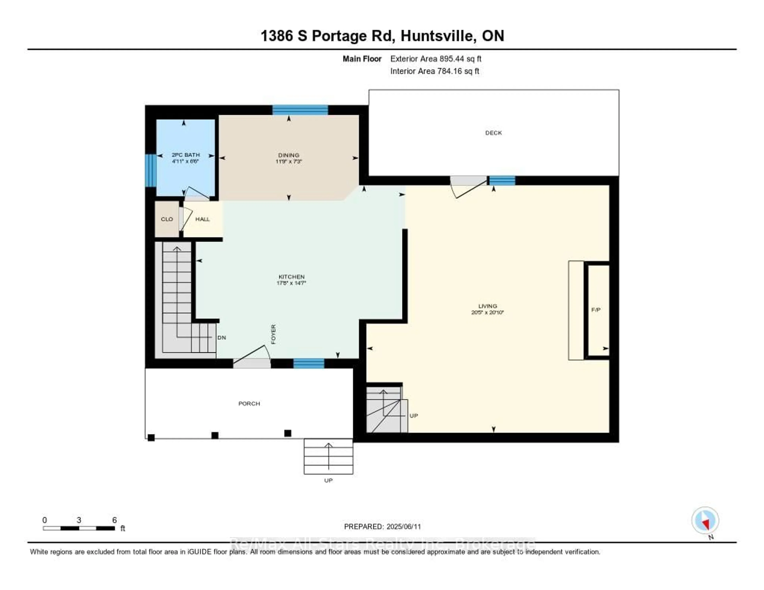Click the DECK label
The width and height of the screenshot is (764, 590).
coord(493,133)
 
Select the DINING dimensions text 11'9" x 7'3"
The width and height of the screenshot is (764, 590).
coord(289,162)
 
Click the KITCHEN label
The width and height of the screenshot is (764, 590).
coord(291,277)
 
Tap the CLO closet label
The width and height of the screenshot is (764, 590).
coord(167,219)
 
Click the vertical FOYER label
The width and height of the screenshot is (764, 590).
coord(274,334)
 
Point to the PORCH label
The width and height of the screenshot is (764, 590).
coord(249,404)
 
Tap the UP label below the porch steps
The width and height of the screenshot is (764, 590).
coord(328,481)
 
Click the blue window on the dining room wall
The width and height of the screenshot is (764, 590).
coord(300,110)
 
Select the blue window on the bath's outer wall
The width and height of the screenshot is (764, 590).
coord(150,171)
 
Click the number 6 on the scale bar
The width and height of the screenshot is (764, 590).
coord(114,520)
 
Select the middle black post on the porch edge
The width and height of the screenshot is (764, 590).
coord(215,435)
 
